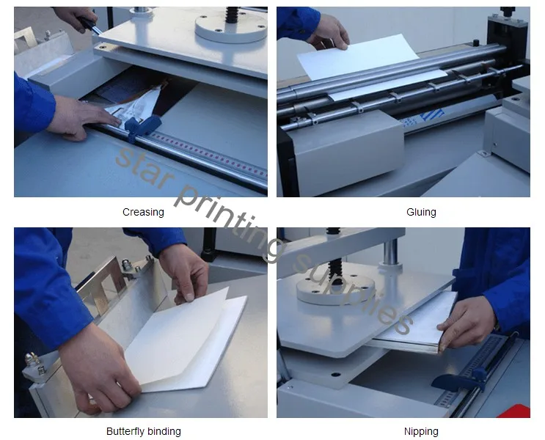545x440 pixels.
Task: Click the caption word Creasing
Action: pos(143,212)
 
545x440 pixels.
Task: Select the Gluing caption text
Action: pos(421,212)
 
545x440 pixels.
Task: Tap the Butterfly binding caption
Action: pos(144,431)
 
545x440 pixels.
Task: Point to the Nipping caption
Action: pos(421,431)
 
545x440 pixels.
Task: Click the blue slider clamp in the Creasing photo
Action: pos(142,126)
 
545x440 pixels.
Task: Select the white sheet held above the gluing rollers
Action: pos(359,56)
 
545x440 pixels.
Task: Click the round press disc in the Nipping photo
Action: pos(335,288)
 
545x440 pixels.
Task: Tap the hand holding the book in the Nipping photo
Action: pos(469,323)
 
